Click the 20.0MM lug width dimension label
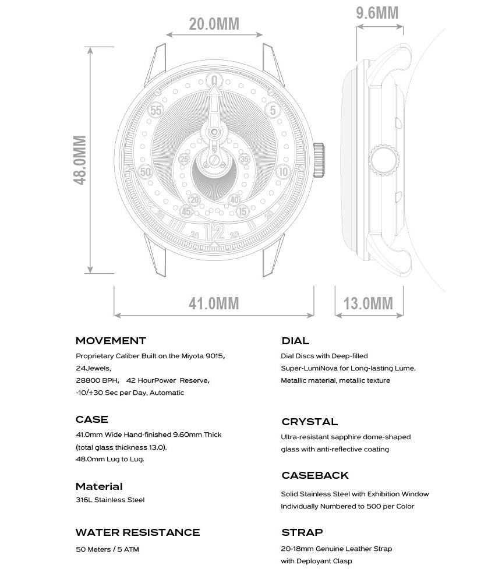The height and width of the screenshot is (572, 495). tap(214, 24)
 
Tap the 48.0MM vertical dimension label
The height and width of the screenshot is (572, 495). tap(80, 160)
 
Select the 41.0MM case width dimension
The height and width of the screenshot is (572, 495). tap(214, 303)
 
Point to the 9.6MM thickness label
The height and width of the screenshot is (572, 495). tap(377, 13)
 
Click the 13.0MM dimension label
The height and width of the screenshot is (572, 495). tap(368, 303)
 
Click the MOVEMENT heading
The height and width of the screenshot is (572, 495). tap(111, 341)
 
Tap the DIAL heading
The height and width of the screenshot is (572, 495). tap(295, 341)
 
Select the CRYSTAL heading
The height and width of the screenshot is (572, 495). tap(309, 422)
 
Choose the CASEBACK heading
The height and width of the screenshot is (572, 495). tap(315, 475)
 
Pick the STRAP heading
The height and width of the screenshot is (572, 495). tap(302, 532)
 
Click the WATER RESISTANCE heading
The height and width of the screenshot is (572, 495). tap(137, 532)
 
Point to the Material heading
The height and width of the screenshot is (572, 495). tap(99, 486)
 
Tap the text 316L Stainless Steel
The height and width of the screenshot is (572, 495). tap(110, 500)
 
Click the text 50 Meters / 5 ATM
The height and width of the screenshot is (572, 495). tap(107, 549)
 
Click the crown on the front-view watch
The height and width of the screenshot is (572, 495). tap(319, 160)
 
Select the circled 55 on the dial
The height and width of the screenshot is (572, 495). tap(156, 110)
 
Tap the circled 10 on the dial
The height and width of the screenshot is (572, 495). tap(284, 171)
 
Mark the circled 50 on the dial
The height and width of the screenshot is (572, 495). tap(146, 172)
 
